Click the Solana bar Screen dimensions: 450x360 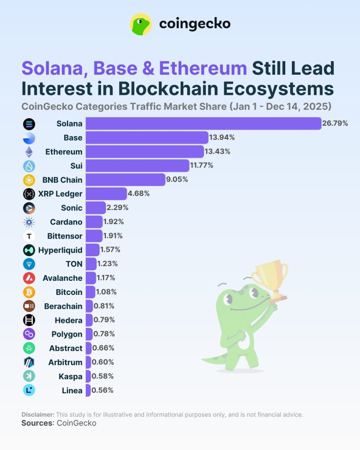click(x=203, y=123)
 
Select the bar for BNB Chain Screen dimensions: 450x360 click(x=125, y=179)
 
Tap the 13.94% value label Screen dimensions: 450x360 click(x=222, y=138)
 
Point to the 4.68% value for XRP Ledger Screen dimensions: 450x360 click(x=138, y=193)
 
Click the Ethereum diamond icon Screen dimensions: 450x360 click(x=29, y=152)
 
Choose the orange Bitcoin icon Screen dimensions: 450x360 click(x=29, y=292)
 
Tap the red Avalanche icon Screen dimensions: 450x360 click(x=29, y=278)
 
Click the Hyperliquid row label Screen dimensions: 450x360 click(x=60, y=250)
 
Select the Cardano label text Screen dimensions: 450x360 click(x=66, y=222)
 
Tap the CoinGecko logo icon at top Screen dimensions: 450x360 click(x=141, y=24)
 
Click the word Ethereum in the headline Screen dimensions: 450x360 click(x=203, y=69)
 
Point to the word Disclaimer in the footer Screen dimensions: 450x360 click(x=38, y=414)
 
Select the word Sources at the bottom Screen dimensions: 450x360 click(x=37, y=423)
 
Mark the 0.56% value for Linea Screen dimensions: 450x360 click(x=103, y=390)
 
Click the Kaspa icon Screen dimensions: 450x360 click(x=29, y=376)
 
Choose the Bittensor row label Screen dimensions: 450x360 click(x=65, y=236)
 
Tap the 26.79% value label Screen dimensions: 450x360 click(x=335, y=123)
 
